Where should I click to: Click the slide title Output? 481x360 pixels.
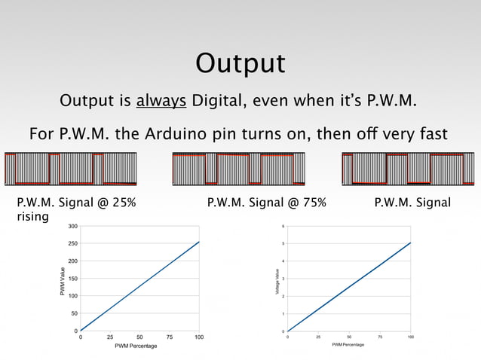pyautogui.click(x=240, y=63)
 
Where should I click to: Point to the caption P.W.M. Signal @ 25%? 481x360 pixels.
pyautogui.click(x=76, y=203)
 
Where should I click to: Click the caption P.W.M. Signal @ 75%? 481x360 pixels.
pyautogui.click(x=266, y=203)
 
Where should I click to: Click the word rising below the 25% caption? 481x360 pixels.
pyautogui.click(x=32, y=217)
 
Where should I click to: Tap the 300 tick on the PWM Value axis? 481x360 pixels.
pyautogui.click(x=71, y=226)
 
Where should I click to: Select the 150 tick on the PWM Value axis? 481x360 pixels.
pyautogui.click(x=71, y=279)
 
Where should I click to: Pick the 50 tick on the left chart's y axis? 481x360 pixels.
pyautogui.click(x=72, y=313)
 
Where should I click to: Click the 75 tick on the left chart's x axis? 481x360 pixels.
pyautogui.click(x=170, y=337)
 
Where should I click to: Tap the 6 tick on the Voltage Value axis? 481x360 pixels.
pyautogui.click(x=283, y=226)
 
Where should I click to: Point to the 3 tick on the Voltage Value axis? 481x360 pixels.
pyautogui.click(x=283, y=279)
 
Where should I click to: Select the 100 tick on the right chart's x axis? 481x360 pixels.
pyautogui.click(x=411, y=337)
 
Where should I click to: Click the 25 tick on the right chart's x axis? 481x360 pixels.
pyautogui.click(x=318, y=337)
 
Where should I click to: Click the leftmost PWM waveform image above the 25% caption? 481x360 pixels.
pyautogui.click(x=71, y=169)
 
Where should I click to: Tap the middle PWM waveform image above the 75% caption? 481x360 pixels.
pyautogui.click(x=239, y=169)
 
